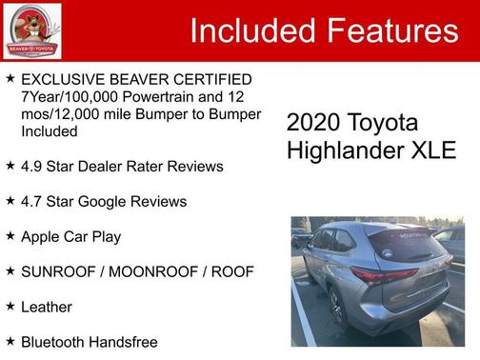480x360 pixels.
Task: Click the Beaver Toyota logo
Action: tap(32, 30)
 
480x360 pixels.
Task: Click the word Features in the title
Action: tap(392, 31)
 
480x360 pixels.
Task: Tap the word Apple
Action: tap(42, 236)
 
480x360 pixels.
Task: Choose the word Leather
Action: tap(47, 307)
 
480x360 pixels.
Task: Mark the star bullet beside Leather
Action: tap(10, 306)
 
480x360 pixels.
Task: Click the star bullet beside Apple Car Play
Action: tap(10, 235)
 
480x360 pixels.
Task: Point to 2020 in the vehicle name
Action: tap(312, 124)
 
